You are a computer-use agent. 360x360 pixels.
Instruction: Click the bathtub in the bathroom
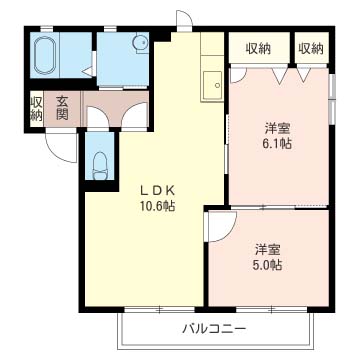click(44, 55)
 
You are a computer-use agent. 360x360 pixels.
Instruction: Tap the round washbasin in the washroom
click(139, 43)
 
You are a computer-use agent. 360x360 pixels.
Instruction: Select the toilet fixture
click(100, 166)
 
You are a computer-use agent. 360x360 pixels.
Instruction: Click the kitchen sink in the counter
click(212, 85)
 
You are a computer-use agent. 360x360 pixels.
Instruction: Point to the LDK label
click(157, 191)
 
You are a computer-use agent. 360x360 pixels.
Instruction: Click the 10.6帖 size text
click(157, 207)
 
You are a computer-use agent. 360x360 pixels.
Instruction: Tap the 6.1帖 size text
click(278, 143)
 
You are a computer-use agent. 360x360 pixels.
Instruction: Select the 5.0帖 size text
click(269, 265)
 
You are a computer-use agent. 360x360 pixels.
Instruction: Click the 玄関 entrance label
click(62, 108)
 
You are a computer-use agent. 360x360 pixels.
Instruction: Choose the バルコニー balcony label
click(215, 330)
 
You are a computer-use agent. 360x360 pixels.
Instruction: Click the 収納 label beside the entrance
click(36, 109)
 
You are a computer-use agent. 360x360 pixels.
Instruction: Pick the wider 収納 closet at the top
click(259, 49)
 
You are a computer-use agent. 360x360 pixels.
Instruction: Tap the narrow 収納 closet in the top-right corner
click(311, 49)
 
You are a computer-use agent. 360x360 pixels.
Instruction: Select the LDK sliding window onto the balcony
click(159, 310)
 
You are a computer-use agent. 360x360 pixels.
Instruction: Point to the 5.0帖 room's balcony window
click(272, 310)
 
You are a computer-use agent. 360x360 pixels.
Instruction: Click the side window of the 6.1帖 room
click(332, 99)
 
